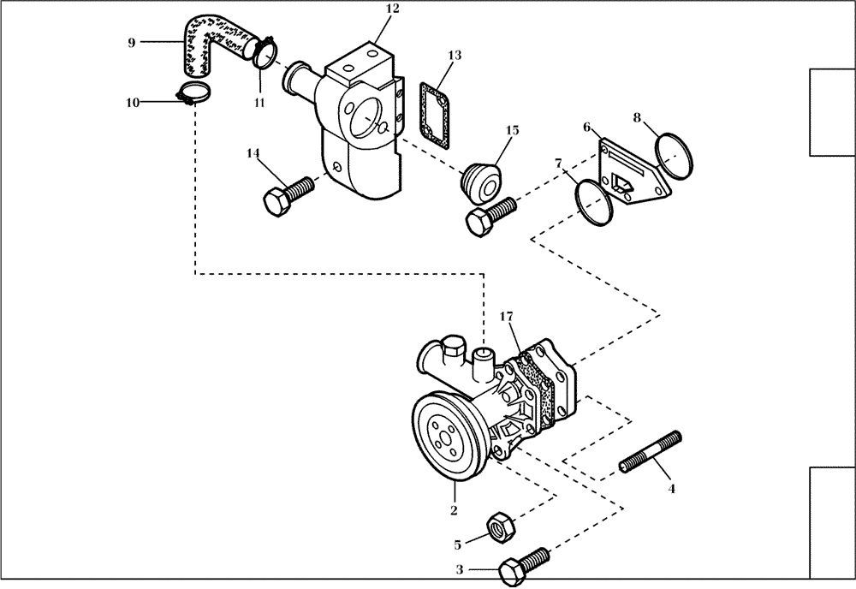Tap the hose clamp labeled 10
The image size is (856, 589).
point(193,96)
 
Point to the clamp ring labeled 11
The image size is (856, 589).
point(265,55)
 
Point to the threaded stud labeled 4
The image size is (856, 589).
point(650,451)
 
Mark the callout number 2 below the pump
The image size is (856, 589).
point(454,511)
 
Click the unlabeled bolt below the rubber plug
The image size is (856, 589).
point(490,211)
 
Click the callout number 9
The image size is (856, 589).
point(131,41)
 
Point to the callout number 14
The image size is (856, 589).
point(253,153)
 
